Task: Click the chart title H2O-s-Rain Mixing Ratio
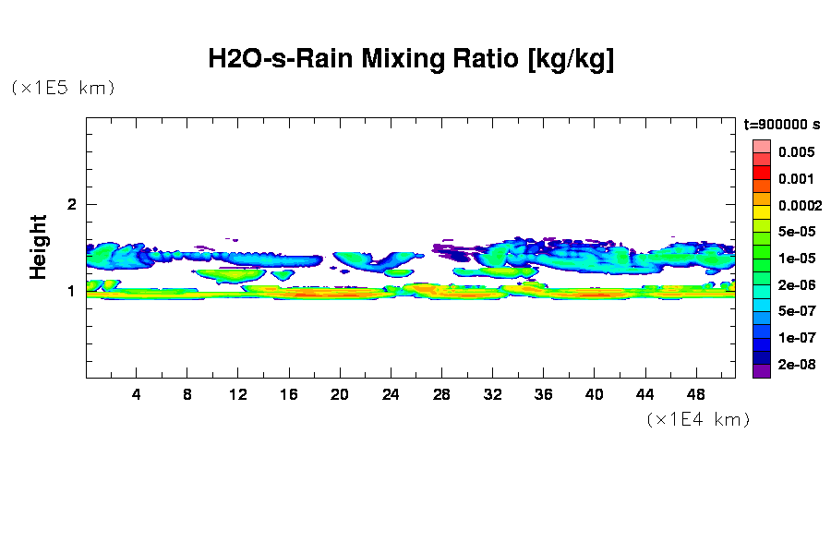click(x=411, y=60)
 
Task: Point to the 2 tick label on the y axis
click(x=72, y=204)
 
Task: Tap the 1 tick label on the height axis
click(x=72, y=291)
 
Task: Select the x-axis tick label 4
click(x=137, y=395)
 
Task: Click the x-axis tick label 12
click(x=238, y=395)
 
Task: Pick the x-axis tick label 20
click(x=340, y=395)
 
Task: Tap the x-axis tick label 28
click(x=441, y=395)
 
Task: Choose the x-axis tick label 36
click(x=543, y=395)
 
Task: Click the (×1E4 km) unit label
click(x=697, y=420)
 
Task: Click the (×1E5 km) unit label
click(x=63, y=89)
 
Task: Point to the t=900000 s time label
click(x=782, y=125)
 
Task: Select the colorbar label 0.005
click(x=795, y=152)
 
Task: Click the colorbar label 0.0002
click(x=799, y=206)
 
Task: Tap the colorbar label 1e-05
click(x=795, y=259)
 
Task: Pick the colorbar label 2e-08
click(x=795, y=365)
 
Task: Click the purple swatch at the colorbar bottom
click(x=761, y=372)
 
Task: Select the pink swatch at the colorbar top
click(x=761, y=146)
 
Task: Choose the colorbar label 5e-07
click(x=795, y=312)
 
